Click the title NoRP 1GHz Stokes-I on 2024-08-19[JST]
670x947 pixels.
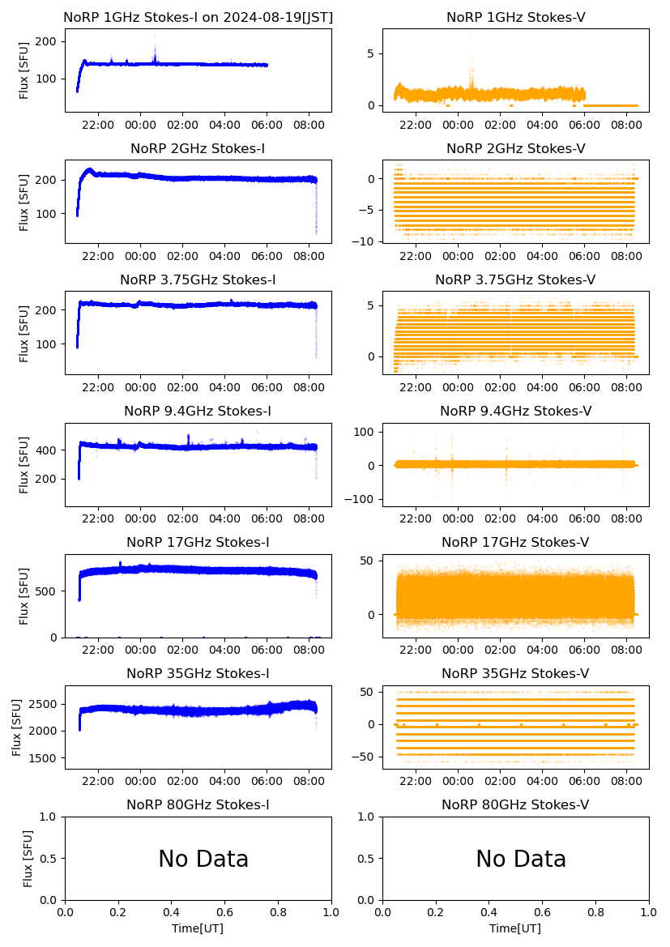[198, 17]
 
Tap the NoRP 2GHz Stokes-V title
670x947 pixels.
[515, 148]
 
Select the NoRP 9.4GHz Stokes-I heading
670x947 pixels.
[198, 411]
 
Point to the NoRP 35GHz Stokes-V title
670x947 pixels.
[515, 673]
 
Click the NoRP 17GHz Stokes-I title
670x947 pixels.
[198, 542]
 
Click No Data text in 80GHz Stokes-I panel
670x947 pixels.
[203, 859]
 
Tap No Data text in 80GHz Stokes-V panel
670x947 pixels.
[521, 859]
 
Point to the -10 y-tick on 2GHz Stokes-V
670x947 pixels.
[367, 241]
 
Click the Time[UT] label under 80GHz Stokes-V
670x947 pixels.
[515, 928]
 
